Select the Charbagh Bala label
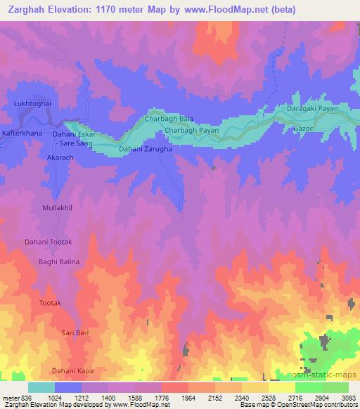[x=169, y=119]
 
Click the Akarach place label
[x=40, y=159]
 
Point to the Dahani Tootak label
[x=50, y=242]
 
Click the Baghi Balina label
[x=59, y=261]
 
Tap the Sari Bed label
[x=75, y=332]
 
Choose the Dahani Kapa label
[x=72, y=370]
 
